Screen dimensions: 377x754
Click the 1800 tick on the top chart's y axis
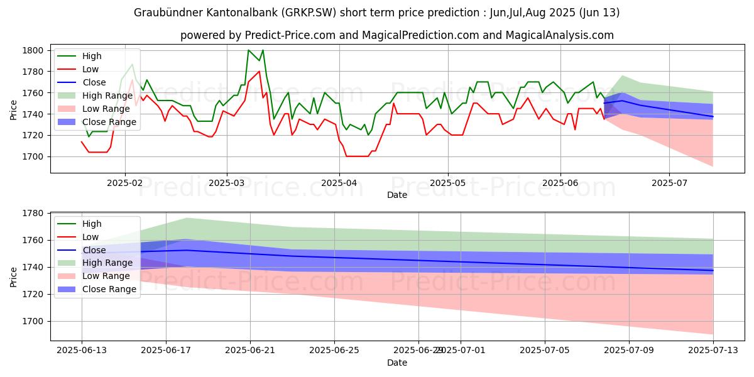[33, 50]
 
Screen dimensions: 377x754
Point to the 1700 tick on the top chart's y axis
[33, 156]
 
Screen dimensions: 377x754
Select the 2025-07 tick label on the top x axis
[669, 182]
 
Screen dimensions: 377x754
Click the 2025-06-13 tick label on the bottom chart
[82, 350]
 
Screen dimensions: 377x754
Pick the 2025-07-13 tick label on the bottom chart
[713, 350]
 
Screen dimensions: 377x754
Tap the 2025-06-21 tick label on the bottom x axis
[250, 350]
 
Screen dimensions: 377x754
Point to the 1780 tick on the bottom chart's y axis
[33, 214]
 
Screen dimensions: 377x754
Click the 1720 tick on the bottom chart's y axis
[33, 294]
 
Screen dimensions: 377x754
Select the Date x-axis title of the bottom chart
[397, 363]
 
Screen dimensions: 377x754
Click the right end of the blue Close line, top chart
[713, 116]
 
